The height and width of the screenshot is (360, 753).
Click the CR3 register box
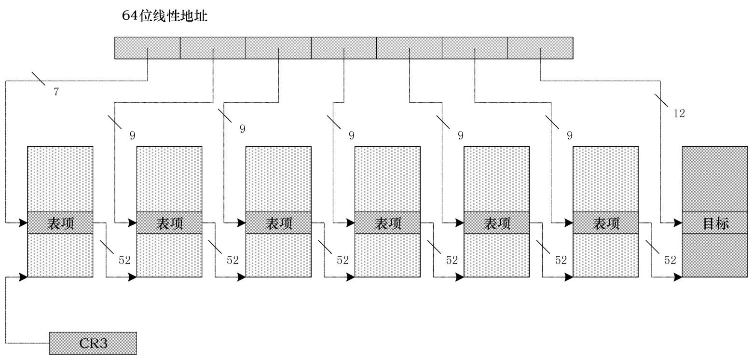tap(93, 343)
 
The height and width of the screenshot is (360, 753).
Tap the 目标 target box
tap(716, 223)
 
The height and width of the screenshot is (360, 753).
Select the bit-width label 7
tap(56, 91)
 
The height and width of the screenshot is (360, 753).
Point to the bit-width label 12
tap(679, 113)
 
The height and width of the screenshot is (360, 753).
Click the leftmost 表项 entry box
tap(60, 223)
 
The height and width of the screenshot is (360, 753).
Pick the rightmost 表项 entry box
tap(605, 223)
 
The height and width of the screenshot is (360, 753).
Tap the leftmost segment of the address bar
tap(147, 48)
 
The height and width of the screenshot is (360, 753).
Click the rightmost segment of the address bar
tap(540, 48)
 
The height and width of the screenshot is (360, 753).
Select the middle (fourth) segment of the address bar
tap(343, 48)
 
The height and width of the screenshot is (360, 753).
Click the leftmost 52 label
tap(124, 260)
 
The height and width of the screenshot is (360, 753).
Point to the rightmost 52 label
tap(670, 260)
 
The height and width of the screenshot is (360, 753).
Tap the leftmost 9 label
tap(132, 136)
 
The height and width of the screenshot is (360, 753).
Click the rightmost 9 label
tap(570, 136)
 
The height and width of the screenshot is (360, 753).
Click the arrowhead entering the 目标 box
tap(678, 223)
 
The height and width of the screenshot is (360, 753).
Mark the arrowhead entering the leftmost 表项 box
tap(23, 223)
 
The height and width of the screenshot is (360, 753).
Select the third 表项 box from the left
tap(278, 223)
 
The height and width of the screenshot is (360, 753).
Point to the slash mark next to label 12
tap(661, 101)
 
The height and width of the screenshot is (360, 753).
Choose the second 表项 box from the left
tap(169, 223)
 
